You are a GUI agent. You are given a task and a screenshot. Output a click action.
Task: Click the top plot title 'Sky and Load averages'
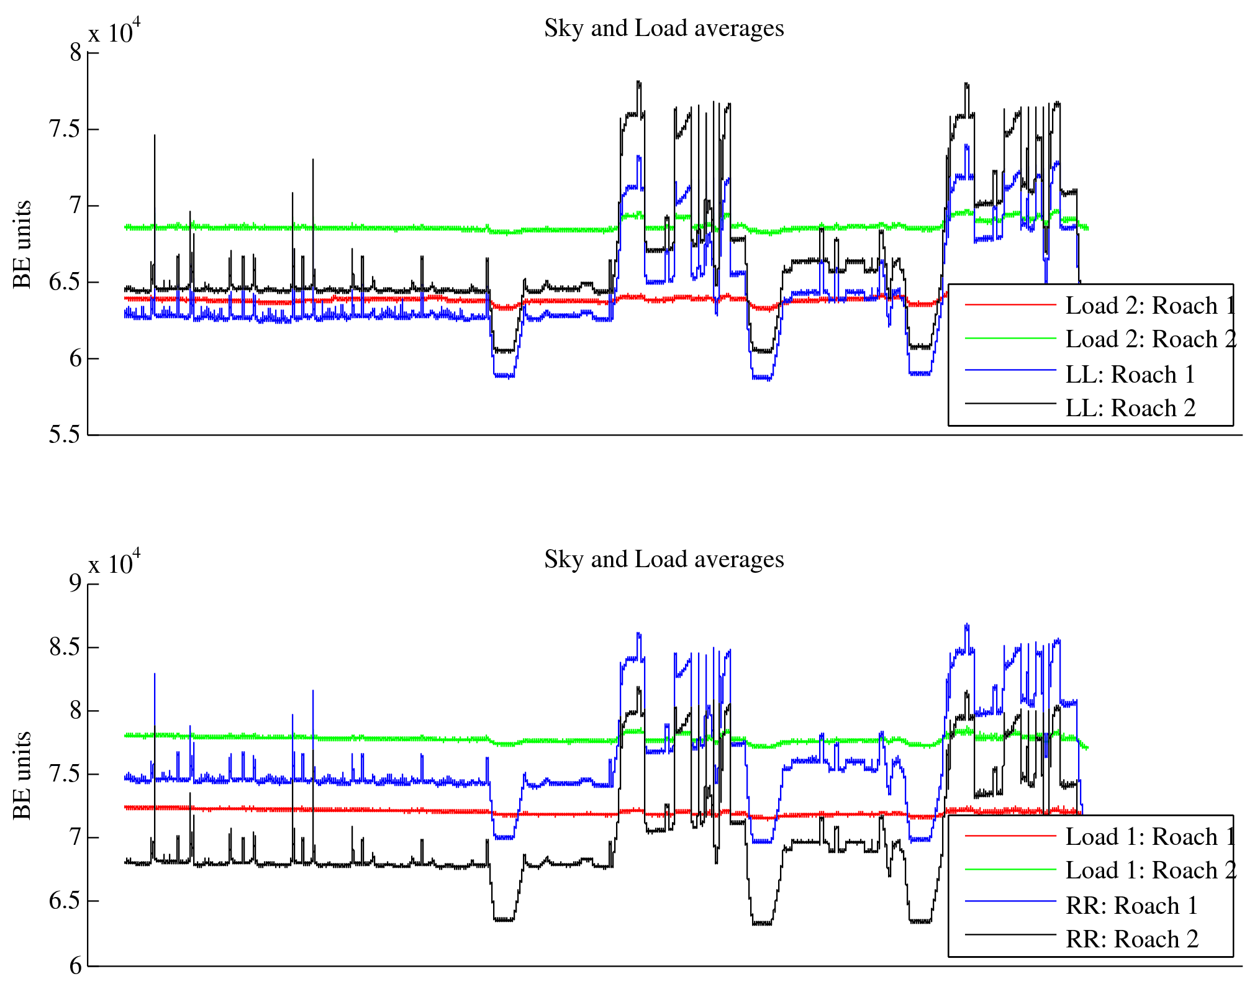tap(664, 29)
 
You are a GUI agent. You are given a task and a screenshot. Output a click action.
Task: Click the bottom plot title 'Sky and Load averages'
tap(664, 560)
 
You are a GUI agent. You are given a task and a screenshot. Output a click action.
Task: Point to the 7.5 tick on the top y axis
tap(65, 129)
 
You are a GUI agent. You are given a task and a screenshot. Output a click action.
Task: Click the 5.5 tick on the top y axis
tap(65, 435)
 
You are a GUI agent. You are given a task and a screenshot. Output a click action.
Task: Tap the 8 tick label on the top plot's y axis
tap(75, 53)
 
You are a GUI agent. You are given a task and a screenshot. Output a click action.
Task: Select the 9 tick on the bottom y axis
tap(75, 583)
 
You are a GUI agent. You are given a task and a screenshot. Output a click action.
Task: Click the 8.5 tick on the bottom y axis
tap(65, 647)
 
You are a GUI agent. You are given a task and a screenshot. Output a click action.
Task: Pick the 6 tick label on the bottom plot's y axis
tap(75, 965)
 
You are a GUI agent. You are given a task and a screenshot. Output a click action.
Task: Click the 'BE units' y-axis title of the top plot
tap(22, 244)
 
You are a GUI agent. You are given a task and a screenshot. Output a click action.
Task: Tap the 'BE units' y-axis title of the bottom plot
tap(22, 775)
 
